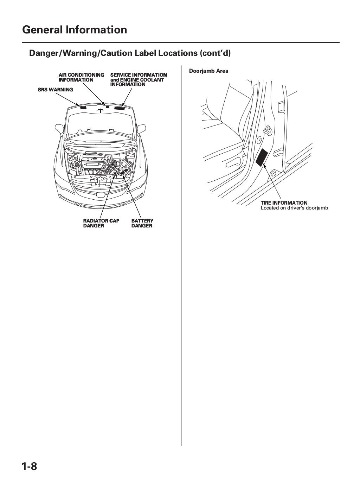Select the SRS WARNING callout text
(55, 90)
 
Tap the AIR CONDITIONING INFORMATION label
(81, 77)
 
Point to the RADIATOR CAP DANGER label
(101, 223)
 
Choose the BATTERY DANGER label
(142, 223)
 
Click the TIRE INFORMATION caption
(284, 203)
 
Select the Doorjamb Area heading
(208, 71)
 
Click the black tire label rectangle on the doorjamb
(262, 157)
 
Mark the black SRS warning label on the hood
(83, 108)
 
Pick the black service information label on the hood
(120, 108)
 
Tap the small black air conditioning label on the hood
(108, 107)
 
